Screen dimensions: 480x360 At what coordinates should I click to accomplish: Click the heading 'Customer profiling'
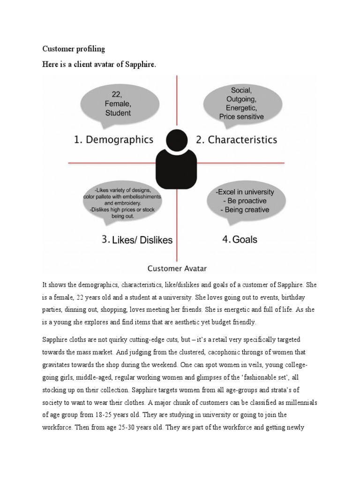(x=74, y=49)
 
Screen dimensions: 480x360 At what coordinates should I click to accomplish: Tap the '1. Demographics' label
(x=113, y=140)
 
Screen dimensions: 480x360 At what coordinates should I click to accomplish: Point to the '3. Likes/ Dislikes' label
(x=137, y=240)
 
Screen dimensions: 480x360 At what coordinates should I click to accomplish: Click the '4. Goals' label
(x=240, y=239)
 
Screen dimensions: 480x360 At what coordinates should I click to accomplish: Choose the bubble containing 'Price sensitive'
(x=242, y=103)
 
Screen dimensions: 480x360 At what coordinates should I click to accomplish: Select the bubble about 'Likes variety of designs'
(x=122, y=203)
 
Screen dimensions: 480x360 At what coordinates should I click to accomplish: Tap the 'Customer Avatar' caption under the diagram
(x=177, y=269)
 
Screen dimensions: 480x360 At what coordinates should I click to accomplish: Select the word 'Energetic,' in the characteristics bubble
(x=241, y=108)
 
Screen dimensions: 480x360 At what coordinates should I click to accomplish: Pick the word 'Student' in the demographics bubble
(x=118, y=113)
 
